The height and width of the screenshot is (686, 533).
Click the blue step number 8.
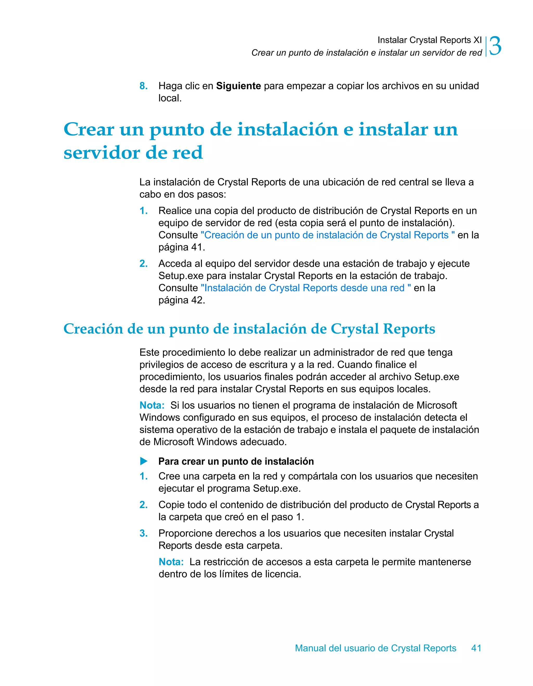[143, 86]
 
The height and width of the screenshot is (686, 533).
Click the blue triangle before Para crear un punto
[144, 461]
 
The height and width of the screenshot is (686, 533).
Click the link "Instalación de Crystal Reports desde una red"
[306, 288]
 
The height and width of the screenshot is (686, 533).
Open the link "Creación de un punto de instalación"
[327, 235]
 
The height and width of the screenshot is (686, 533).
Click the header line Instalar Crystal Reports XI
[429, 40]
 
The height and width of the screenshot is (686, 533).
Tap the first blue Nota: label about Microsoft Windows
[152, 405]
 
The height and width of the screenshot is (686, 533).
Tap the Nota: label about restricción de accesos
[171, 562]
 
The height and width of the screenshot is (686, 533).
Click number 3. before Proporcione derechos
[143, 533]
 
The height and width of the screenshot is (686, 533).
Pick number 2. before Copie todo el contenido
[143, 505]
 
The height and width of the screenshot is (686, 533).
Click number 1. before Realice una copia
[143, 210]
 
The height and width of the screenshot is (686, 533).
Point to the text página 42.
[181, 300]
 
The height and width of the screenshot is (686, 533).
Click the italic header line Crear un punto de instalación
[366, 53]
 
